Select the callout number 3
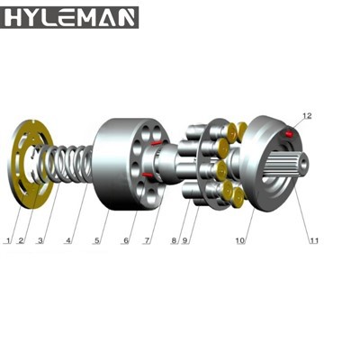point(40,241)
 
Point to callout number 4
point(67,241)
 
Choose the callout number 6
point(126,241)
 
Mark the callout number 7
point(146,241)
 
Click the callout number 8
point(175,241)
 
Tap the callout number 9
point(186,241)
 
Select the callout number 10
point(240,241)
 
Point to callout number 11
point(314,241)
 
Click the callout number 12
point(306,116)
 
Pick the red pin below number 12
point(289,134)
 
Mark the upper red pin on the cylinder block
point(157,141)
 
